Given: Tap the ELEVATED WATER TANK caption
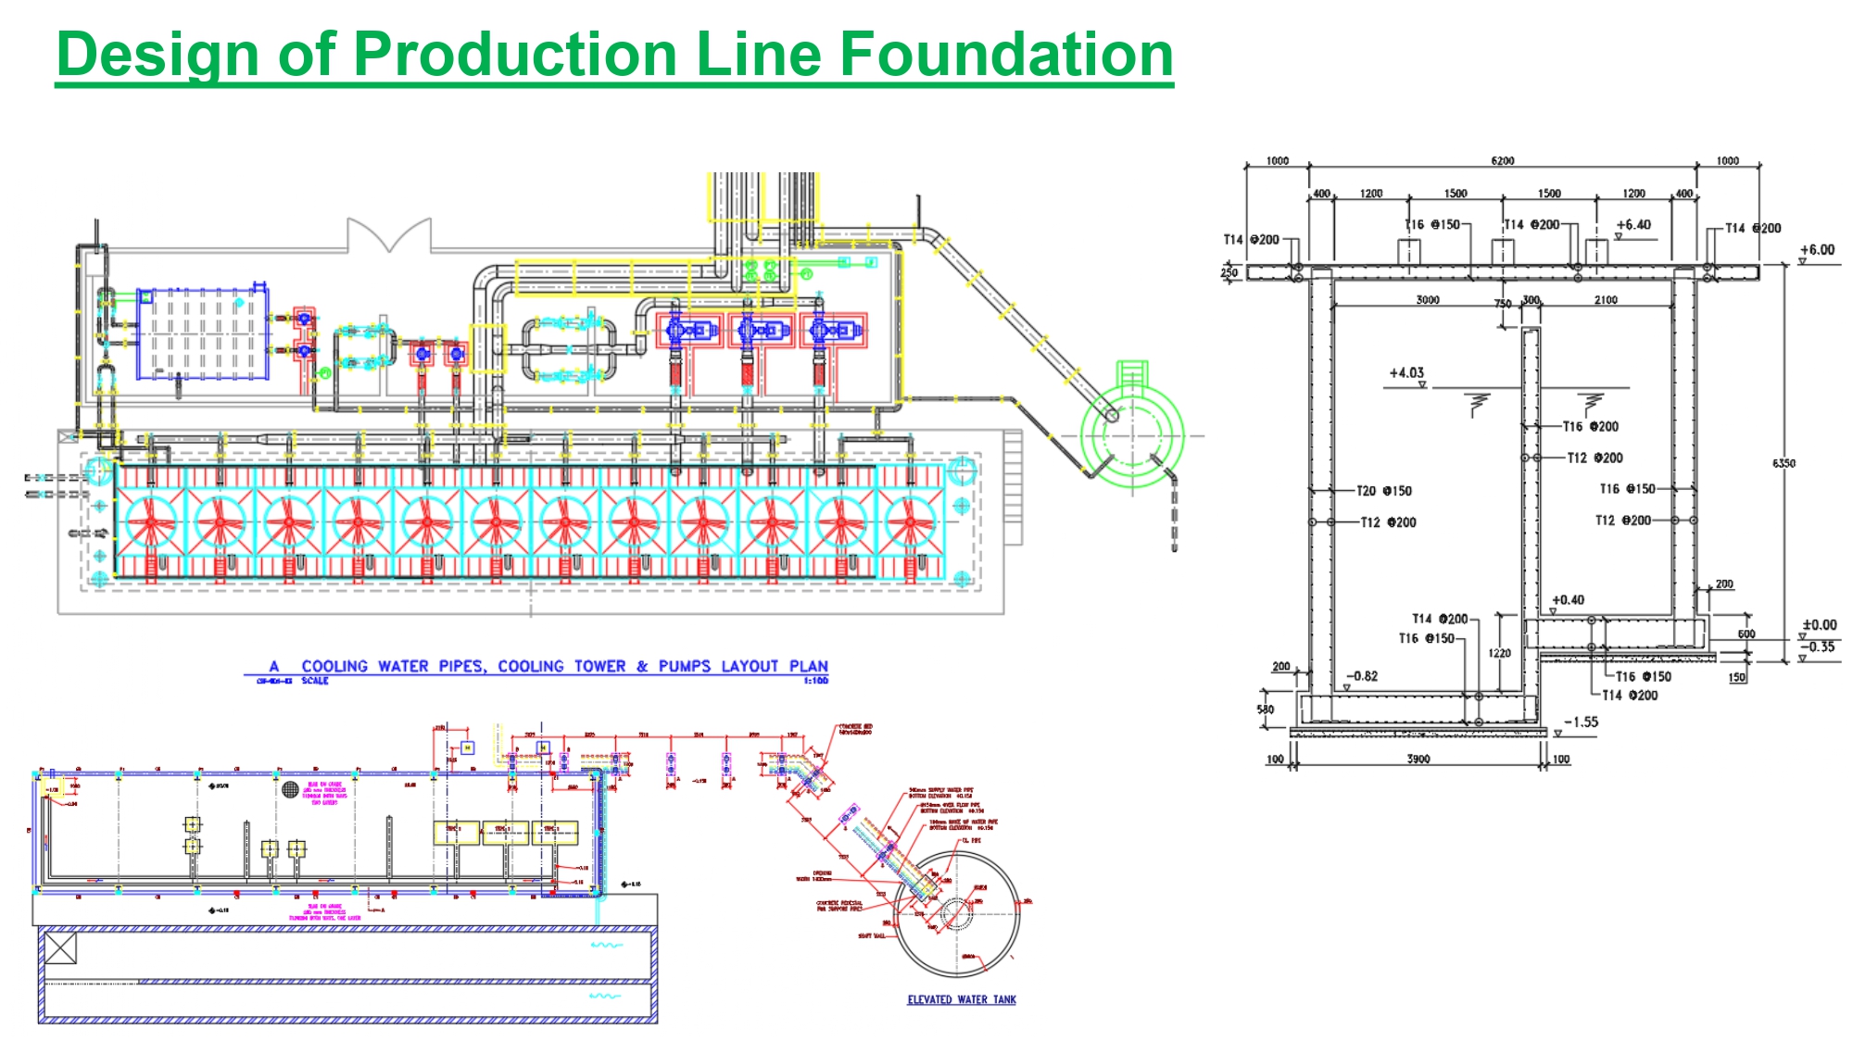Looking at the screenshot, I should point(961,999).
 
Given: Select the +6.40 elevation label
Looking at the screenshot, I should point(1633,225).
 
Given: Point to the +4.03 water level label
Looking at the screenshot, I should point(1406,373).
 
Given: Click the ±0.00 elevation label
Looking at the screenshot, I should point(1819,625).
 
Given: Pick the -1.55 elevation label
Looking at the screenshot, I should point(1581,722).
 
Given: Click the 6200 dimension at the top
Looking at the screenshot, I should point(1502,161).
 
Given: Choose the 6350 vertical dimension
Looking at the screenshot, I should point(1784,463).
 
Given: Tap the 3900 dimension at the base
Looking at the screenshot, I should point(1418,760).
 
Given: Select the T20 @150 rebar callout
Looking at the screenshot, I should point(1383,491).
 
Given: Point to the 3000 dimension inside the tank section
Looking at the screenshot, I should point(1427,300).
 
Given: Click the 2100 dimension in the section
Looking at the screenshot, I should point(1606,300).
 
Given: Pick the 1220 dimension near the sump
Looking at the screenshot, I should point(1499,654).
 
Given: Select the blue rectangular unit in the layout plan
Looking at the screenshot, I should point(203,333).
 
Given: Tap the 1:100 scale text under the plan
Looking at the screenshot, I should point(815,681).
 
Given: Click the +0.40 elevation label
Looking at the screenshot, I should point(1568,600).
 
